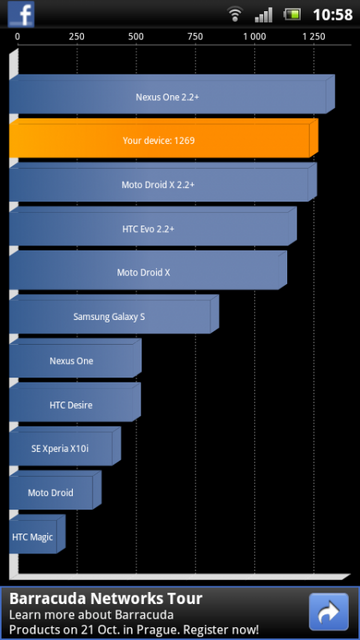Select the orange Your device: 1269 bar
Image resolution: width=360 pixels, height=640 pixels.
pos(160,141)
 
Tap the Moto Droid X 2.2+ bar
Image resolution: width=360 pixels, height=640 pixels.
pos(160,185)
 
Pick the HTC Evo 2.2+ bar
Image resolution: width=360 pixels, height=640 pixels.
pos(150,229)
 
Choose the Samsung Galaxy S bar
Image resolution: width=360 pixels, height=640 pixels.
pos(110,317)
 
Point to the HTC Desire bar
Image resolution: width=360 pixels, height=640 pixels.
pos(71,405)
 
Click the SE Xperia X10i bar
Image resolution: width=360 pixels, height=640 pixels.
pos(60,449)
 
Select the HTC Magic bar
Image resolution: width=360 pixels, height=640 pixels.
pos(33,537)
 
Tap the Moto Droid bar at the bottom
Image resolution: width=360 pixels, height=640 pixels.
pos(50,493)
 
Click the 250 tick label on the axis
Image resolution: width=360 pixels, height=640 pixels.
pos(76,36)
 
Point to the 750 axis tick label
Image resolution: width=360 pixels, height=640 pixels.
pos(195,36)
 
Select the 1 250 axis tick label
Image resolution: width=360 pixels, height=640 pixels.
pos(313,36)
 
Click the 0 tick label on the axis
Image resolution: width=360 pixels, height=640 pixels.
pos(18,36)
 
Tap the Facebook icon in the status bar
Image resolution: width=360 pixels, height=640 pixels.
pos(21,14)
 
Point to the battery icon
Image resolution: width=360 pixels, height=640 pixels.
pos(292,14)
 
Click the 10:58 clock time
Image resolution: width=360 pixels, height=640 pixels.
pos(333,14)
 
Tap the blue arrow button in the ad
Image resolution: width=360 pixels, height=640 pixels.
pos(328,612)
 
